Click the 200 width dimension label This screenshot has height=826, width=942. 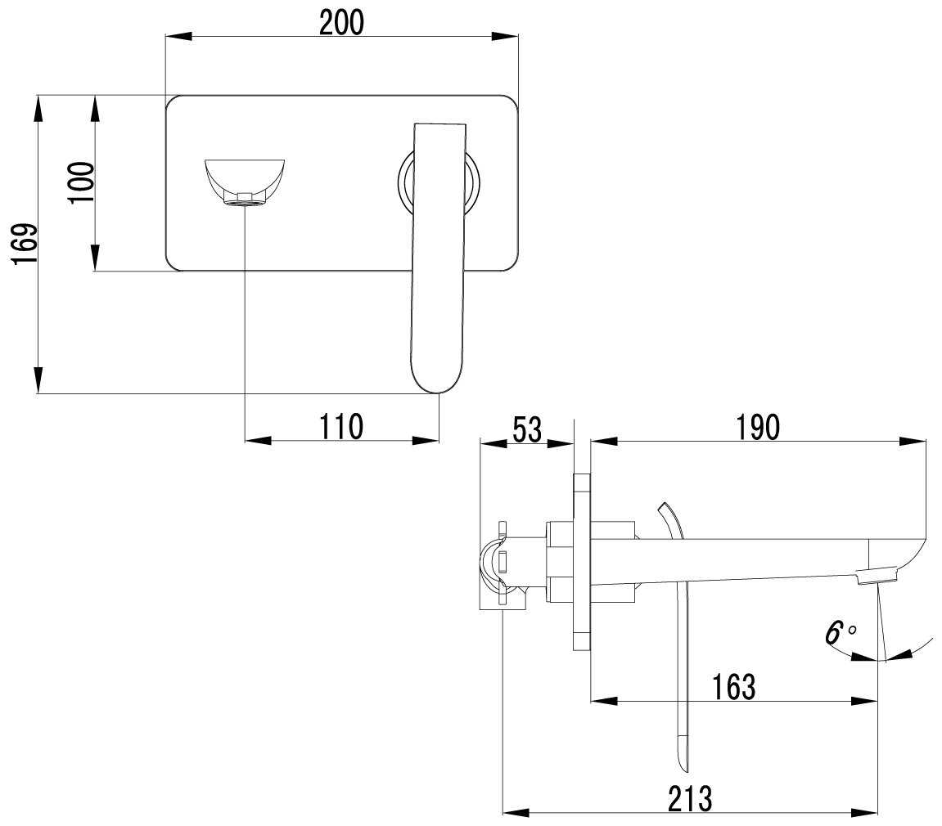pos(341,23)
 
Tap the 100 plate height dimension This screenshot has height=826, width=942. pos(82,182)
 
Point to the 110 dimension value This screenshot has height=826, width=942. pos(340,426)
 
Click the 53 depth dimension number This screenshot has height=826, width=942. pos(527,429)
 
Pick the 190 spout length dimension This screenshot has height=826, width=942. pos(758,428)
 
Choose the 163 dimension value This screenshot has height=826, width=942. pos(733,687)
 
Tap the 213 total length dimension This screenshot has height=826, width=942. pos(690,798)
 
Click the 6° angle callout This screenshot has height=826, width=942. pos(840,633)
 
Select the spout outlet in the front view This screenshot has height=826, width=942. pos(244,199)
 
